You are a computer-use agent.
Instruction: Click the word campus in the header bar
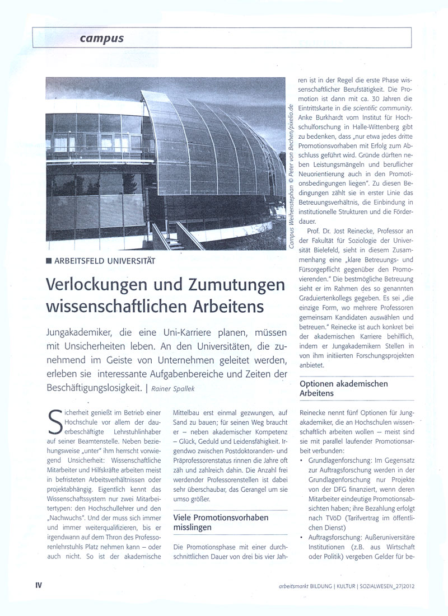point(101,39)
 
